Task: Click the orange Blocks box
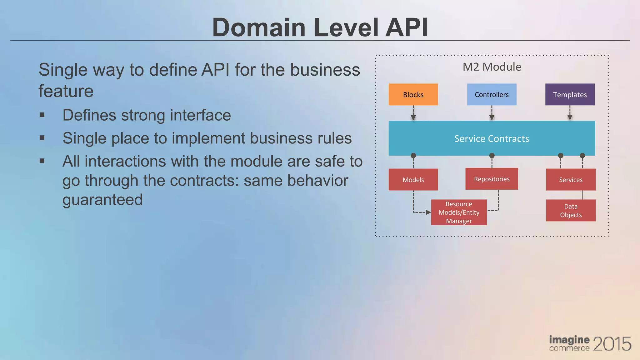tap(413, 94)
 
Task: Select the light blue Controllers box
tap(492, 94)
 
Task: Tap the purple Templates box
tap(570, 94)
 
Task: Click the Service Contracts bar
tap(492, 138)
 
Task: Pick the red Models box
tap(413, 180)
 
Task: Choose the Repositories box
tap(492, 179)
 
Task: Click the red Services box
tap(571, 180)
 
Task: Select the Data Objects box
tap(571, 210)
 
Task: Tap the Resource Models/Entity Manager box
tap(459, 212)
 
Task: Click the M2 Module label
tap(492, 67)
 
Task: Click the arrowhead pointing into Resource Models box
tap(428, 212)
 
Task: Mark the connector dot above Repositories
tap(492, 156)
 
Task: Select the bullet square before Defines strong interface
tap(42, 115)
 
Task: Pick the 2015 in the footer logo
tap(612, 344)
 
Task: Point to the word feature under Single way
tap(66, 91)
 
